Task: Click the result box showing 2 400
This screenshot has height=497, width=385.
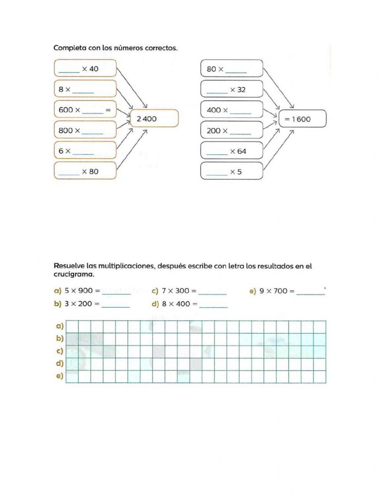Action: (154, 119)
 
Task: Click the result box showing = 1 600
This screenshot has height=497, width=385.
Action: (302, 119)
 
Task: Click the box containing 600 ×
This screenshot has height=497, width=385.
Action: (85, 110)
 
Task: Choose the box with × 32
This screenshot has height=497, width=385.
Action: (232, 89)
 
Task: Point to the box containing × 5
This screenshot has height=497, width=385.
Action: (232, 171)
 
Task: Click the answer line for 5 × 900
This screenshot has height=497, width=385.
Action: (116, 293)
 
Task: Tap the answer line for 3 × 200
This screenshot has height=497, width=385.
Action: (115, 306)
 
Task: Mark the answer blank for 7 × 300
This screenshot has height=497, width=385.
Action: (213, 293)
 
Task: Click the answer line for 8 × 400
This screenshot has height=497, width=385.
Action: (214, 306)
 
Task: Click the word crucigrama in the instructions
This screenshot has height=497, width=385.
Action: (73, 274)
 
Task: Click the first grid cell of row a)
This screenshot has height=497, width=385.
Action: (72, 327)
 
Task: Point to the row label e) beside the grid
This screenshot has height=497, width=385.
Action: (60, 376)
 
